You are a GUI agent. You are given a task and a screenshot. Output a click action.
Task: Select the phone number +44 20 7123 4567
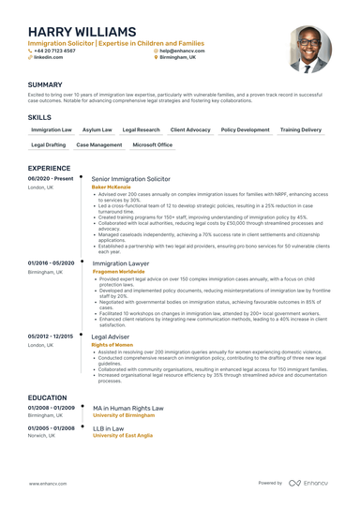click(54, 51)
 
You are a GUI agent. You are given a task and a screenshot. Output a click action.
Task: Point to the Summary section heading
click(45, 84)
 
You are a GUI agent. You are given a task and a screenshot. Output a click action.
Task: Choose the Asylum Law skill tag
click(97, 129)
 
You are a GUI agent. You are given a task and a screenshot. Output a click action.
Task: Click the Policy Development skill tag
click(245, 129)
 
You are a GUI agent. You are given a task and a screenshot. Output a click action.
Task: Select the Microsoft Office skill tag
click(152, 145)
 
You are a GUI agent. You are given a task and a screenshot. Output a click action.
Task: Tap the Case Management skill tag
click(98, 145)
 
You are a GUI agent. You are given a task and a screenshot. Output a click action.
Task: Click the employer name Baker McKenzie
click(112, 187)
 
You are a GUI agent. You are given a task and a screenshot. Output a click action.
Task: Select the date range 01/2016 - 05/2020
click(51, 264)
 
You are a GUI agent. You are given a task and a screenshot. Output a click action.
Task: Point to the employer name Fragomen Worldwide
click(118, 273)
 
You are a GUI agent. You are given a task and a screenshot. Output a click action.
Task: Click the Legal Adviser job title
click(111, 336)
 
